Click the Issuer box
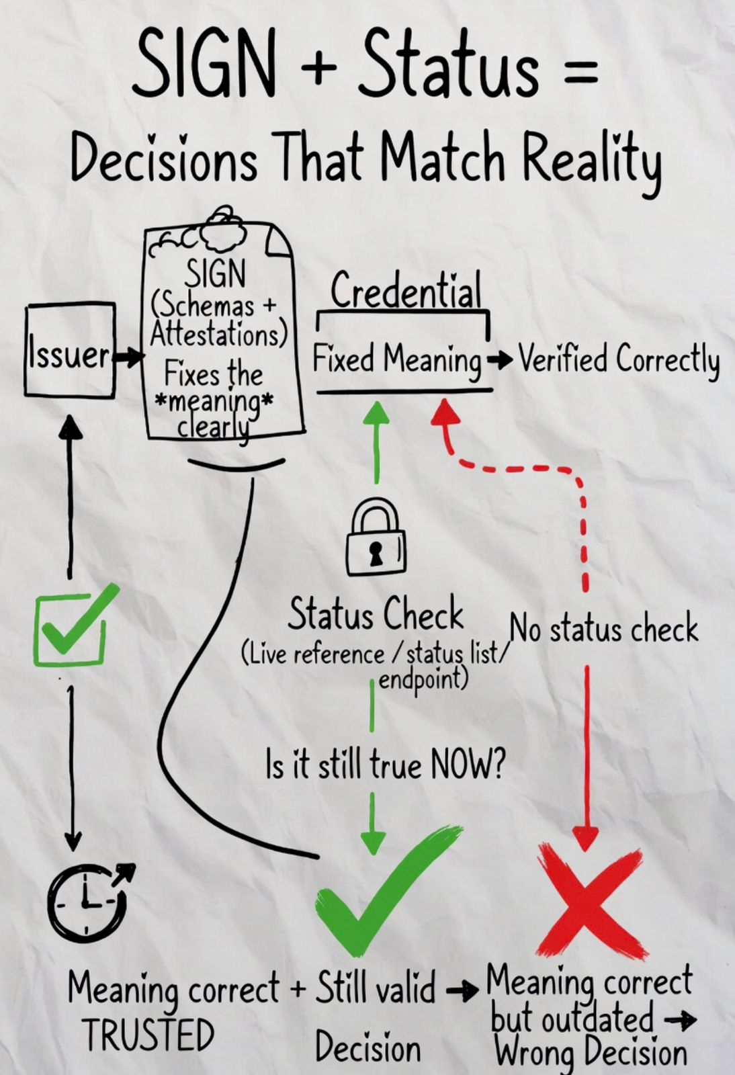[70, 351]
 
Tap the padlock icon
[376, 537]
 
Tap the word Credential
[406, 290]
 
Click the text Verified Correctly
[618, 359]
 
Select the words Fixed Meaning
[397, 359]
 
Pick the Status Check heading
[376, 613]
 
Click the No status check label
[604, 629]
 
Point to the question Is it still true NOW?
[385, 765]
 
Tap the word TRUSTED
[148, 1035]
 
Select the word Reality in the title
[593, 160]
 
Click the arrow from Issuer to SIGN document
[129, 356]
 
